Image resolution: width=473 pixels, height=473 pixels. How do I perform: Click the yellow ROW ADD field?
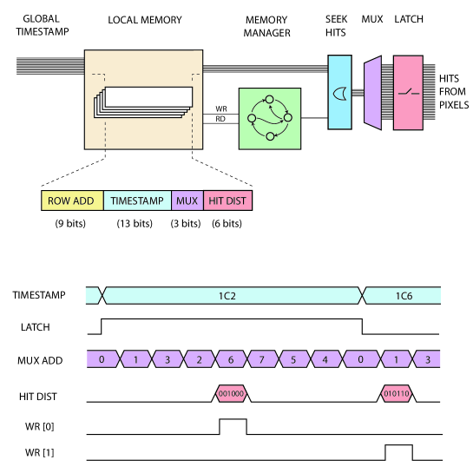click(x=72, y=200)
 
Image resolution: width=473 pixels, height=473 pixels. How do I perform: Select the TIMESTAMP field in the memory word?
click(x=137, y=200)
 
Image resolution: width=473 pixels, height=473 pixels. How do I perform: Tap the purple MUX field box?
click(x=187, y=200)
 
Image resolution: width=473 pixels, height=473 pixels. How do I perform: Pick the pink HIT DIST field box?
click(x=227, y=200)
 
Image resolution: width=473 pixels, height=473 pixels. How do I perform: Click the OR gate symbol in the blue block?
click(x=340, y=94)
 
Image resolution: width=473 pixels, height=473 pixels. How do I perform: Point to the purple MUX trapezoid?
click(x=373, y=93)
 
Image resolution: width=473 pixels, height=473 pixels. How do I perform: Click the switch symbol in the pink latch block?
click(x=409, y=92)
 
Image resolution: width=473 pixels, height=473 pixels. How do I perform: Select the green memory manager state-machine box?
click(x=270, y=119)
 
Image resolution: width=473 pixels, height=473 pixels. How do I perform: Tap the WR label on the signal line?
click(x=221, y=108)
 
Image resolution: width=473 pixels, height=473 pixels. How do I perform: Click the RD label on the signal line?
click(x=220, y=119)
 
